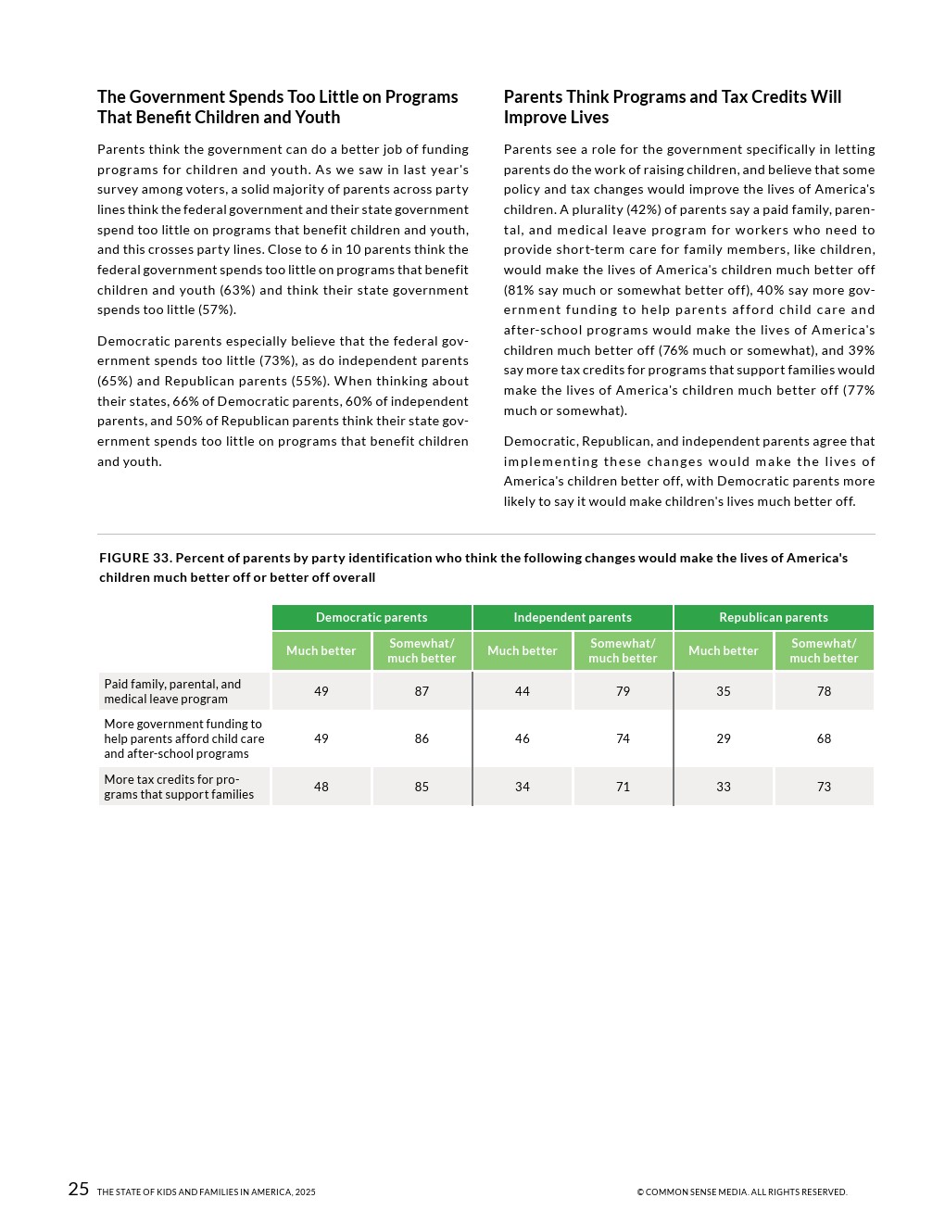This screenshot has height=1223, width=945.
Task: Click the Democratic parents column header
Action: pos(372,617)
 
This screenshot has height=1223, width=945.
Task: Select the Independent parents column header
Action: pos(573,617)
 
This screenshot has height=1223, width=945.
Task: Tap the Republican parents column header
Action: pos(774,617)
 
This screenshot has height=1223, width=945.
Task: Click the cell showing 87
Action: pos(422,691)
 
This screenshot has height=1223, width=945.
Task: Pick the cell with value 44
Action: pos(523,691)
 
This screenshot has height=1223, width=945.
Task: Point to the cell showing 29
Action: pos(724,738)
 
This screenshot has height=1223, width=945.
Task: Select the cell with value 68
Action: pos(824,738)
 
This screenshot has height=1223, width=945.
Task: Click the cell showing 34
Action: pos(523,787)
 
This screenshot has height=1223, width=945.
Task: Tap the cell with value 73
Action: pos(824,787)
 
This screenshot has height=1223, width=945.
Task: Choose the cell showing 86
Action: pos(422,738)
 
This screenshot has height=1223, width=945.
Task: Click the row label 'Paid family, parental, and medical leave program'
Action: pos(173,691)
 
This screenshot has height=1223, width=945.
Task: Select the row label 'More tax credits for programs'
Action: pos(179,787)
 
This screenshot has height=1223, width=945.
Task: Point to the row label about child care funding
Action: pos(183,738)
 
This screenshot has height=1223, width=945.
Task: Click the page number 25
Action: pos(79,1190)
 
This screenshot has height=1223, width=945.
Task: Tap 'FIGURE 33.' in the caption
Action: pos(135,558)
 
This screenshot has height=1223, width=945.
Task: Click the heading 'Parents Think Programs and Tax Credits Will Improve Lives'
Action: pos(673,107)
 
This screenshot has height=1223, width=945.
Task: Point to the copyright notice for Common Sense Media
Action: pos(741,1192)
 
